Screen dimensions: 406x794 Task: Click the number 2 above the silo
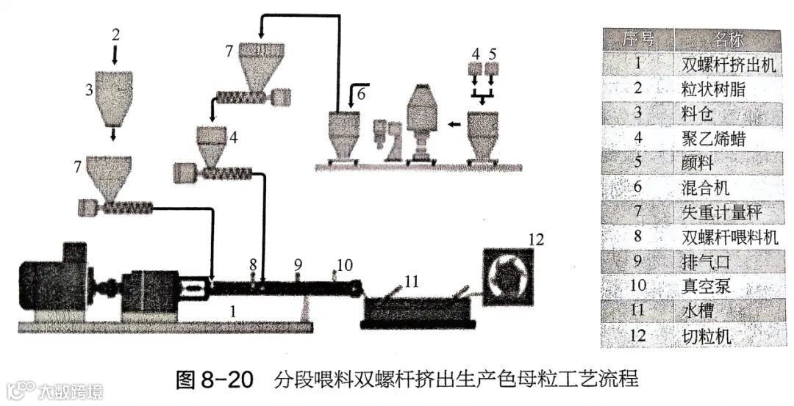[115, 35]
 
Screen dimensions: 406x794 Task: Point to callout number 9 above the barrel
[298, 262]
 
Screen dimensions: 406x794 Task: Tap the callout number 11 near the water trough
[412, 280]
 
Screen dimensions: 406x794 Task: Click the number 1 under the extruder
[233, 312]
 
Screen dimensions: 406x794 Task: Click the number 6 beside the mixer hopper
[360, 94]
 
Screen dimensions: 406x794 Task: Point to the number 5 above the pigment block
[492, 54]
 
